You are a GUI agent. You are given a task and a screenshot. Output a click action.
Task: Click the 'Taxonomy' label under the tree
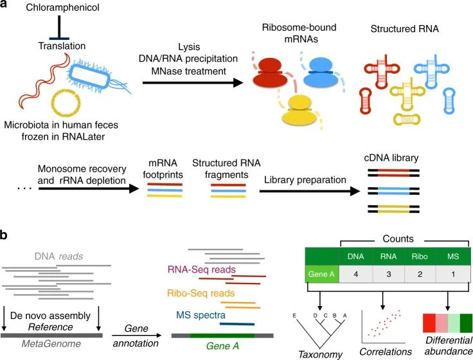[x=316, y=353]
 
